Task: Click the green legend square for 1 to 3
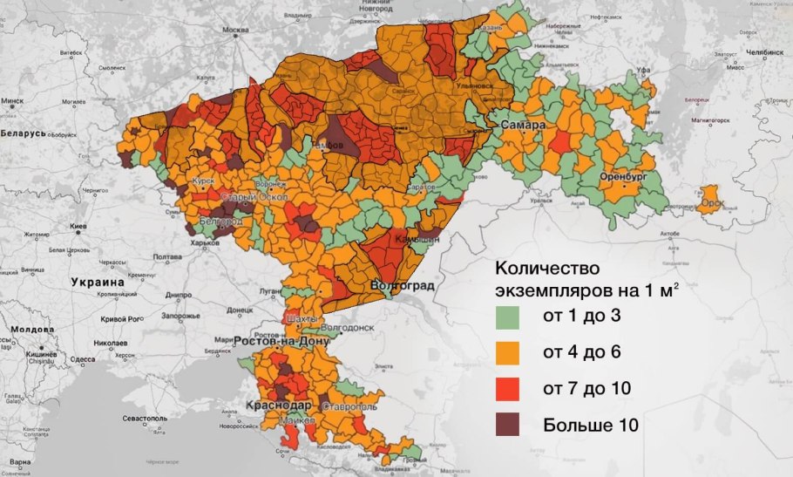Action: click(x=508, y=315)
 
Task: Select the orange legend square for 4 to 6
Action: click(x=508, y=351)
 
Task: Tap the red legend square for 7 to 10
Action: click(x=508, y=388)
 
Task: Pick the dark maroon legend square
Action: click(x=508, y=425)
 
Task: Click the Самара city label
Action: click(x=523, y=126)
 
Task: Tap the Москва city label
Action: click(x=234, y=30)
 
